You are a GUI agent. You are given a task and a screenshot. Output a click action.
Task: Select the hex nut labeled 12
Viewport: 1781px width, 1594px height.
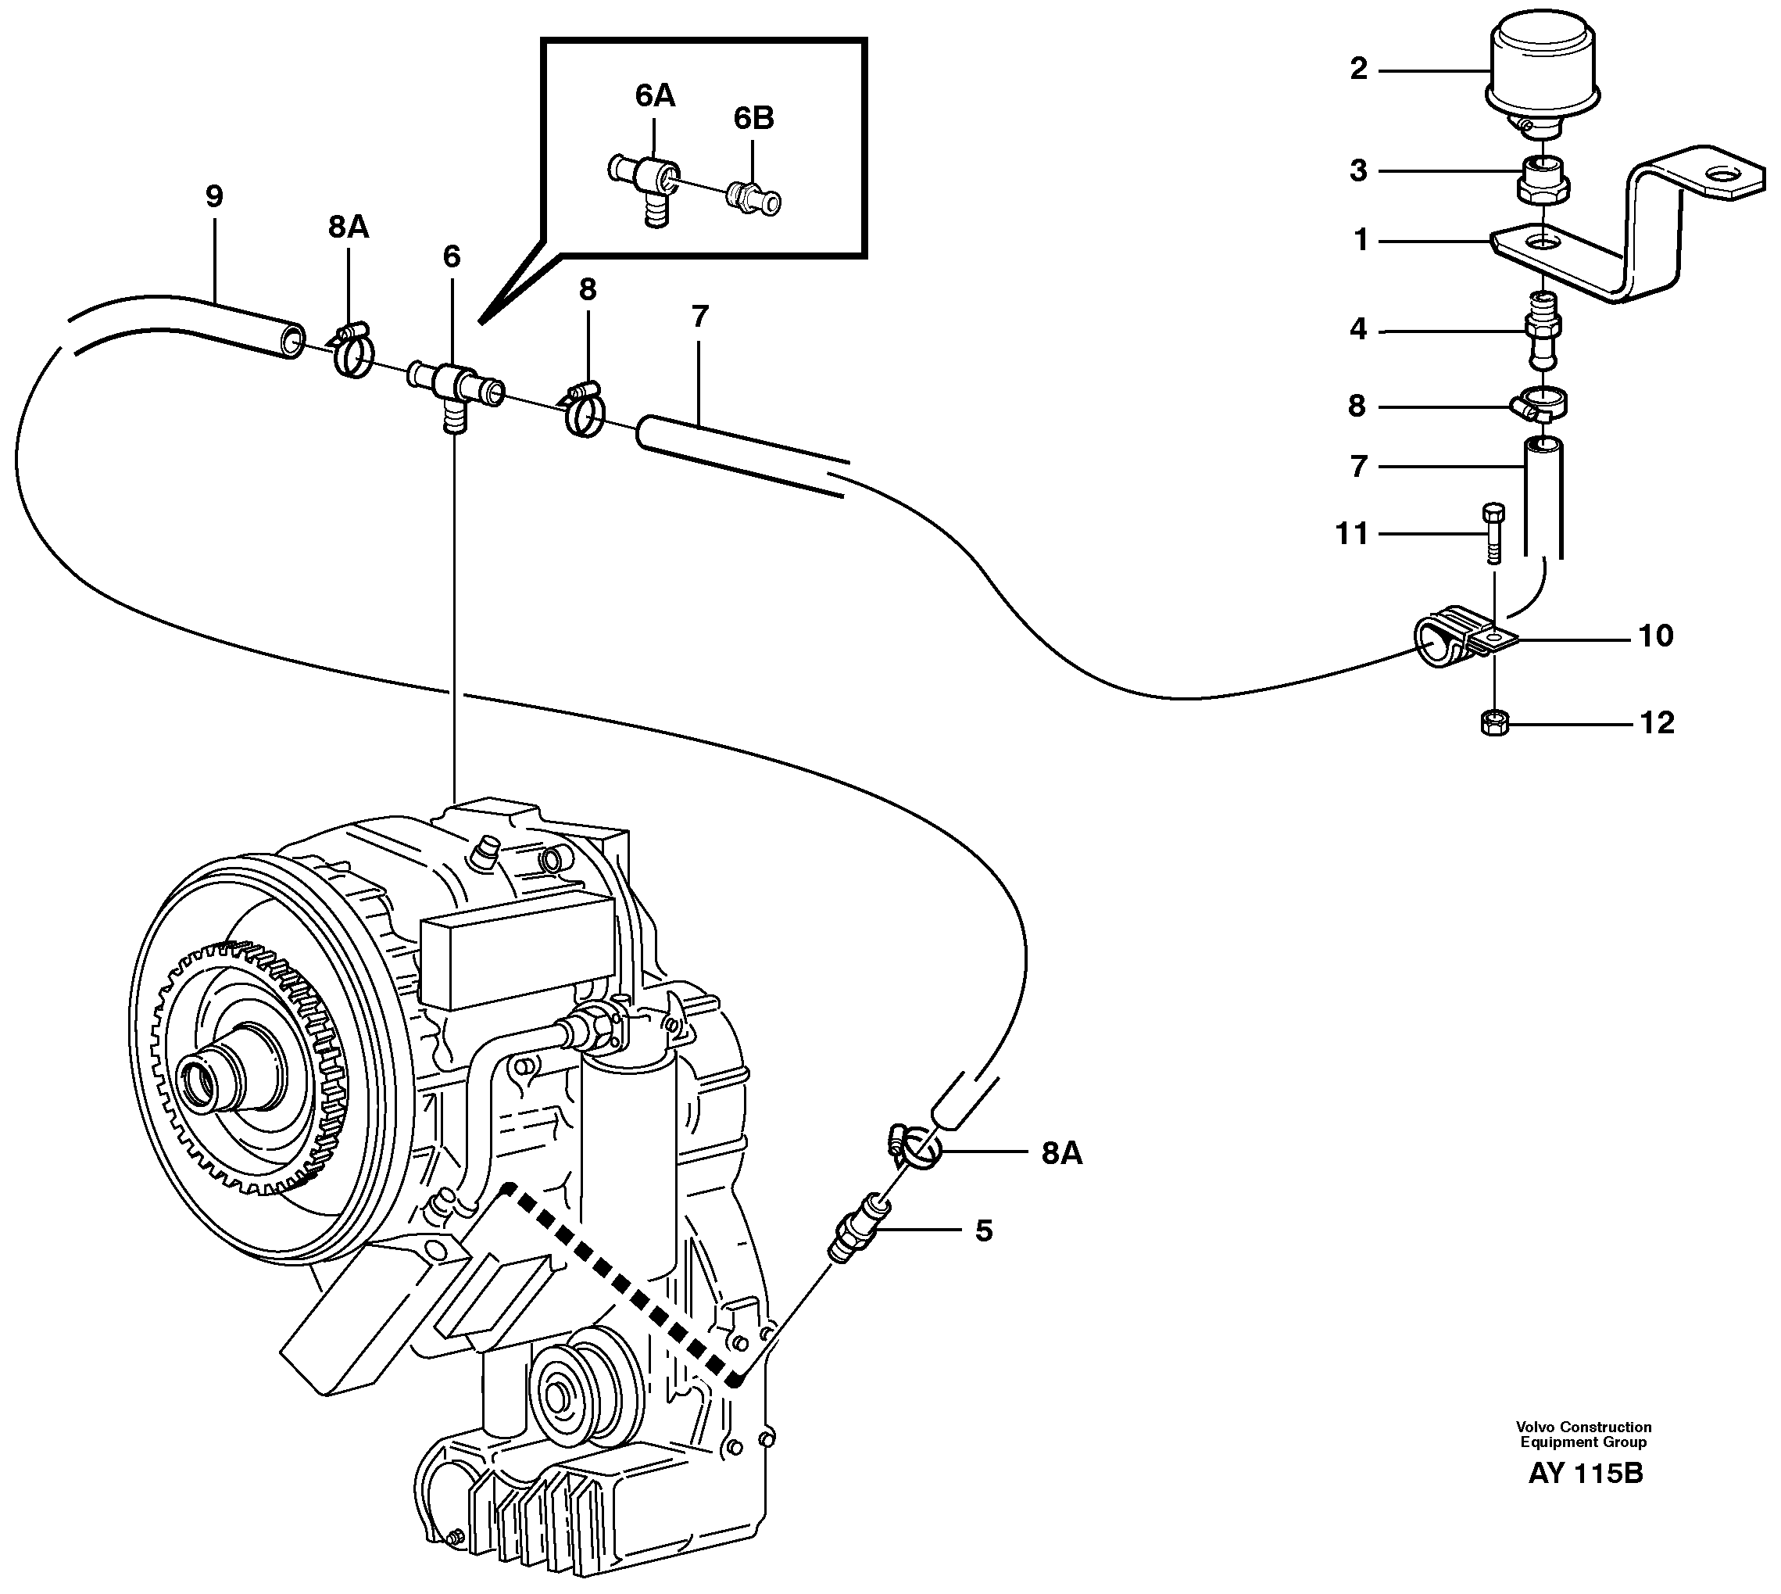click(x=1492, y=722)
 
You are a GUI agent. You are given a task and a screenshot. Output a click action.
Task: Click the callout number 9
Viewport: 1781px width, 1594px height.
click(x=215, y=196)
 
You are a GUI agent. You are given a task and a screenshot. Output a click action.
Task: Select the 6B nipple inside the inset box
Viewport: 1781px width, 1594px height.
click(x=753, y=199)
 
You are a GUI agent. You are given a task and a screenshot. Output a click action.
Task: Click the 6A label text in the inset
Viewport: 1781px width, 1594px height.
click(x=655, y=96)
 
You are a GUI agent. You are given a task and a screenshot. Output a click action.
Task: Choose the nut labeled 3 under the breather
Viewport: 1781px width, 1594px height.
click(x=1542, y=180)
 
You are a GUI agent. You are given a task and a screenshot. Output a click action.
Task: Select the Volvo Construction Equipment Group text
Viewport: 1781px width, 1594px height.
click(x=1583, y=1435)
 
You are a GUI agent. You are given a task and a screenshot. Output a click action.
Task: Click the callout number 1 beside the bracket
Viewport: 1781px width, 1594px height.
click(x=1360, y=239)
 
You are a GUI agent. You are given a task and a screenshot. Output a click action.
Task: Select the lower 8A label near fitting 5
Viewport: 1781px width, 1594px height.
click(x=1061, y=1155)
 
